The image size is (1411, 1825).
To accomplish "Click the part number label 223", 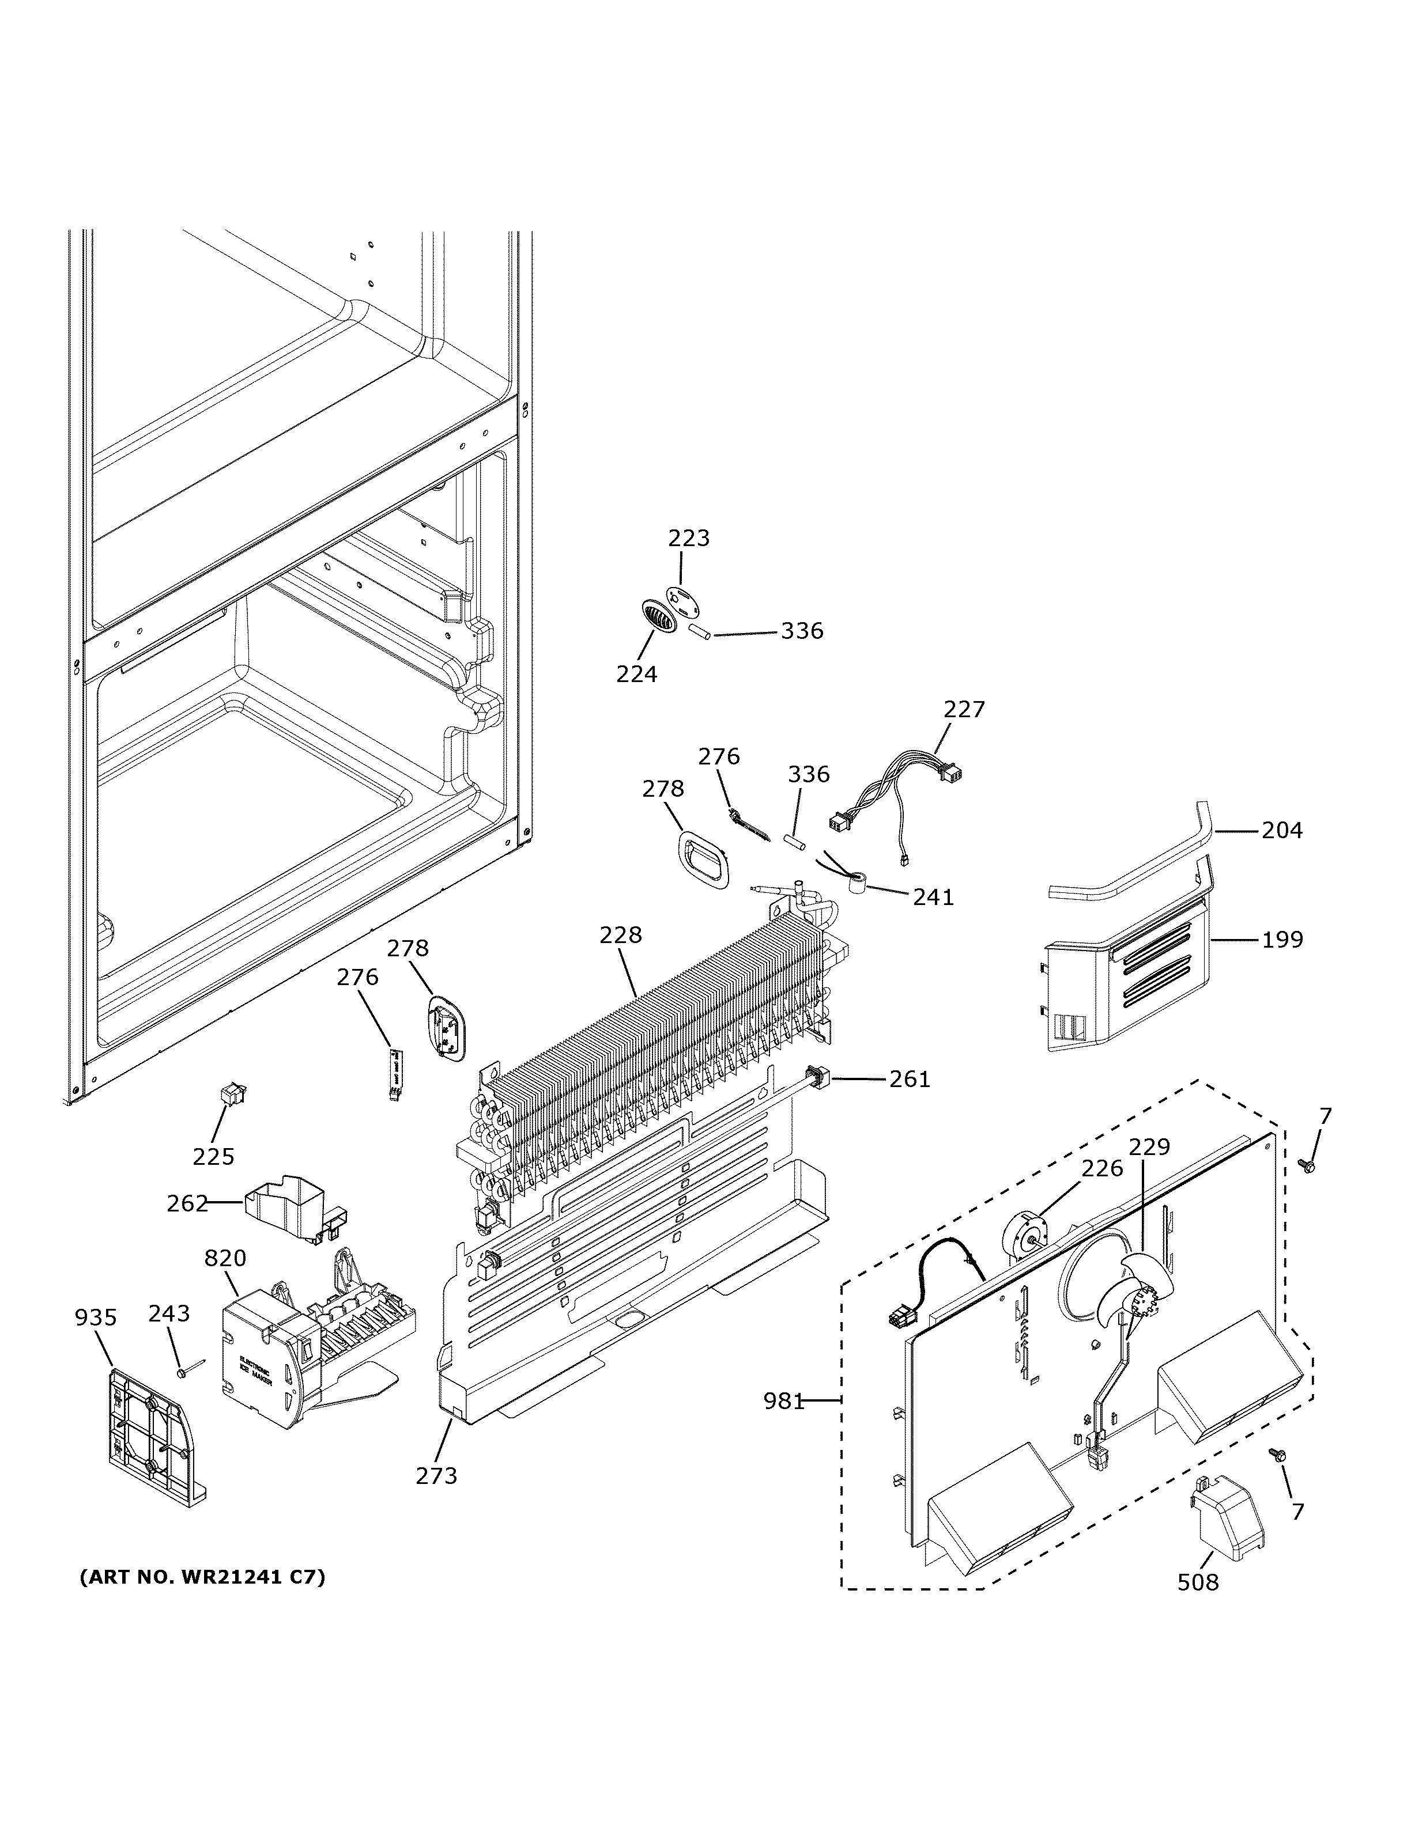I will point(689,538).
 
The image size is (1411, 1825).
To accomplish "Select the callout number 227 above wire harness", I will point(965,710).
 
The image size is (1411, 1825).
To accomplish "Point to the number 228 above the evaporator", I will point(620,934).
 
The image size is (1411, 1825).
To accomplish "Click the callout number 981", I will point(783,1400).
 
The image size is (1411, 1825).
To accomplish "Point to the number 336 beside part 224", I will point(802,631).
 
